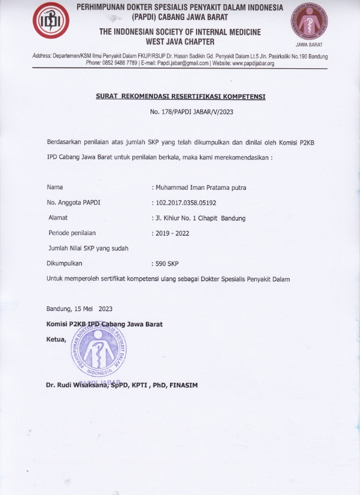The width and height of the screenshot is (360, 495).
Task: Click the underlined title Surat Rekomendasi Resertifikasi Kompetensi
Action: coord(180,97)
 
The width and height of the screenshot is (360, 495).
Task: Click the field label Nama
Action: coord(55,188)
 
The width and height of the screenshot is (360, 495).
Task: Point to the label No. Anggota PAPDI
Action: coord(74,203)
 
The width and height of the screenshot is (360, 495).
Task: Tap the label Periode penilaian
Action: coord(73,233)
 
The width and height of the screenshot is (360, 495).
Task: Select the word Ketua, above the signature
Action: coord(56,339)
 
